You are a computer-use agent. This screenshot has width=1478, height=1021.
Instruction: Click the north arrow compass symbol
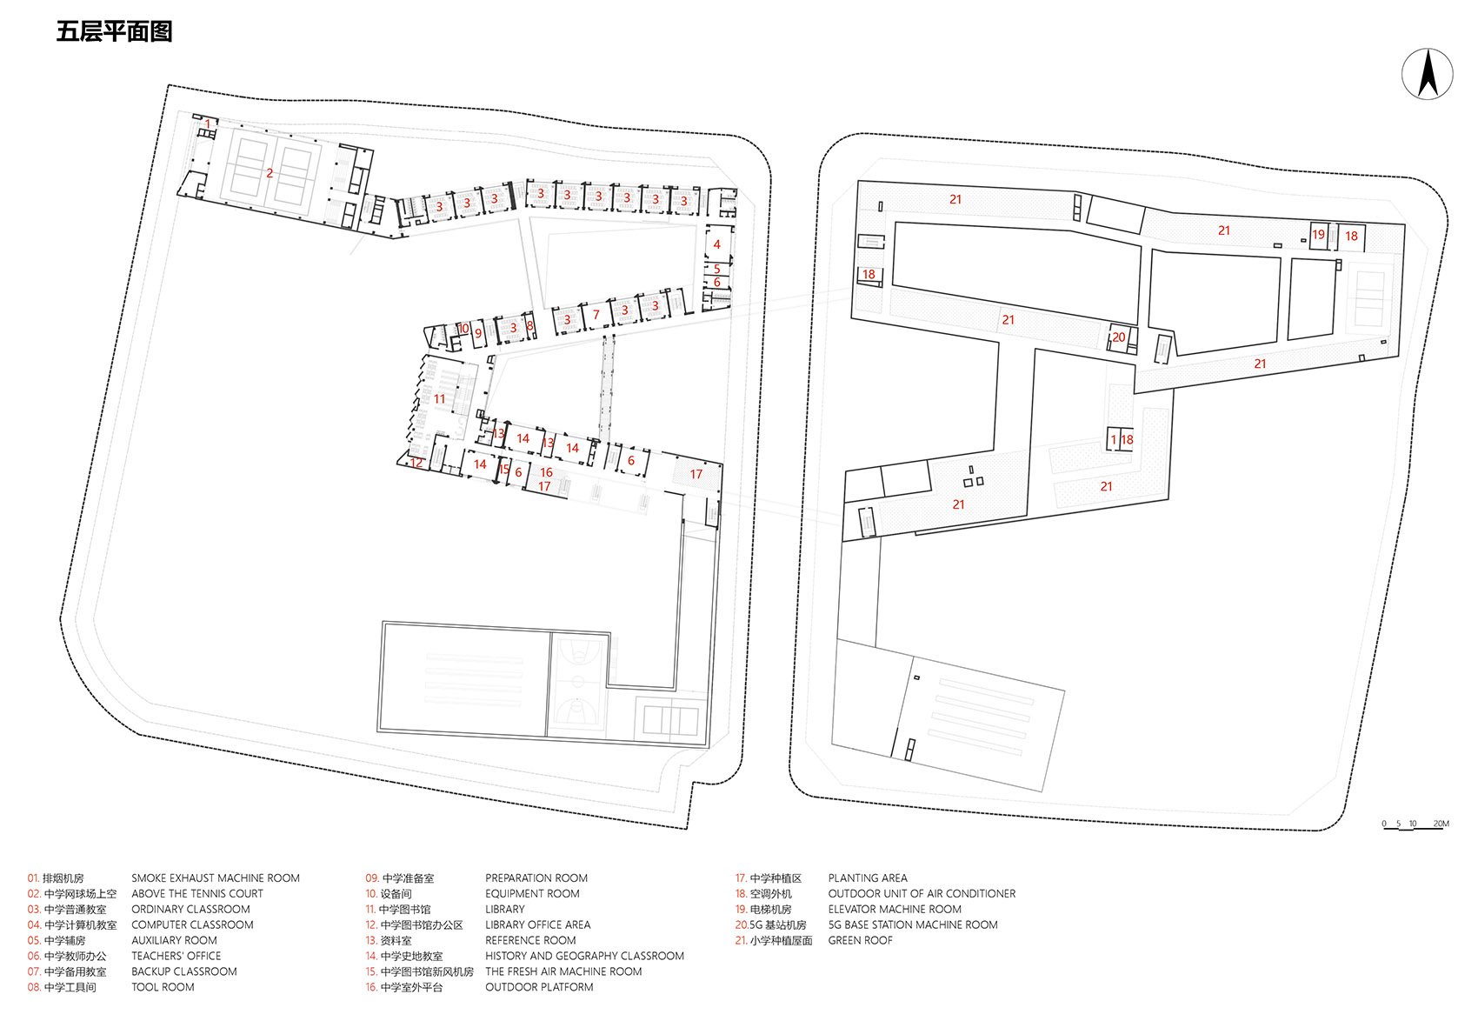tap(1427, 74)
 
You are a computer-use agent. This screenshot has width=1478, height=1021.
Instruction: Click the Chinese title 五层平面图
tap(114, 32)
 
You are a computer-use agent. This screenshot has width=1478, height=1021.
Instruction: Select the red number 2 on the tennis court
tap(270, 173)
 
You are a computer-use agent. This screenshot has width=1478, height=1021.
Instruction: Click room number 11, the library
tap(439, 399)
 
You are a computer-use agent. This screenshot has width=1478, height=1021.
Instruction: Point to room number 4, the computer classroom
tap(716, 244)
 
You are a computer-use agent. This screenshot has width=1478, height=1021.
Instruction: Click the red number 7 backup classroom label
tap(596, 315)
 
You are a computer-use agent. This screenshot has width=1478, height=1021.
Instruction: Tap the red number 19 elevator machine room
tap(1318, 234)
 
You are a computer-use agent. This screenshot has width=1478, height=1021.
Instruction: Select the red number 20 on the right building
tap(1118, 337)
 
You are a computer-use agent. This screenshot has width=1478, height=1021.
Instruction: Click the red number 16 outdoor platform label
tap(546, 472)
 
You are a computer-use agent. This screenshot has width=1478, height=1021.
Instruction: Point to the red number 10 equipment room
tap(463, 329)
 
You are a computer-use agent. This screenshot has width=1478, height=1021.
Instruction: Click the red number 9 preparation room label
tap(478, 333)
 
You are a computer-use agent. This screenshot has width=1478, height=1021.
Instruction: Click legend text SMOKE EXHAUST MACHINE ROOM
tap(216, 878)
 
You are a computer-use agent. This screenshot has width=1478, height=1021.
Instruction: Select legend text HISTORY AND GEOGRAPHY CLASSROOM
tap(584, 956)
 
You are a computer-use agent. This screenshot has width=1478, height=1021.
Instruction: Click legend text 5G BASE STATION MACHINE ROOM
tap(913, 924)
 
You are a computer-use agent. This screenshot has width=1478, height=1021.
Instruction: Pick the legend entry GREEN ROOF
tap(860, 940)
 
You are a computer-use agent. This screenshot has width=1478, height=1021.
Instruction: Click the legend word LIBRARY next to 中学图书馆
tap(504, 909)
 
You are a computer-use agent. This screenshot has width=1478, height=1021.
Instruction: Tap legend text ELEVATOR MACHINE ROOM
tap(895, 909)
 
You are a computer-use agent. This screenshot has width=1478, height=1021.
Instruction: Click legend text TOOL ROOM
tap(163, 987)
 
